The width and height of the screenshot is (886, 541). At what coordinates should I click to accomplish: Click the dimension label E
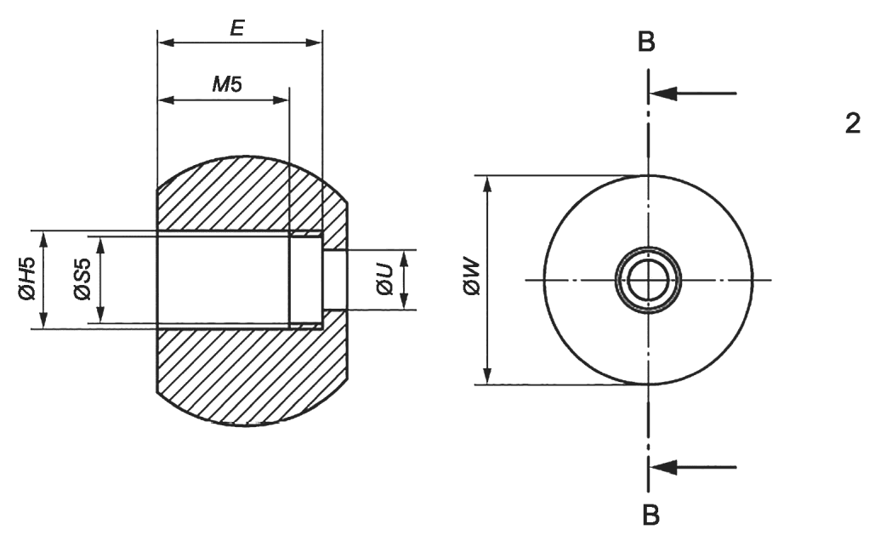[237, 28]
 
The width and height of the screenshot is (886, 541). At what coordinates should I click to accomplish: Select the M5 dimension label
[227, 84]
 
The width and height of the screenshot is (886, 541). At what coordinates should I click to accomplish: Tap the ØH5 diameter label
[27, 278]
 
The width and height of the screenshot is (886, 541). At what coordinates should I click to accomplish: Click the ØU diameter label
[385, 280]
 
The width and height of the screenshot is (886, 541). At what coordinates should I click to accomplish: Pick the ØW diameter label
[471, 278]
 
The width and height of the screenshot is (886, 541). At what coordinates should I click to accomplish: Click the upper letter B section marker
[646, 42]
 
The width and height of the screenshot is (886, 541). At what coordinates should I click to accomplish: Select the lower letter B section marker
[651, 515]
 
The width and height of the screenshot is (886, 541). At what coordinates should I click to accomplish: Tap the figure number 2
[853, 123]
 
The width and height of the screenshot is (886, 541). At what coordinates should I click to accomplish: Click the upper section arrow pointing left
[693, 94]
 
